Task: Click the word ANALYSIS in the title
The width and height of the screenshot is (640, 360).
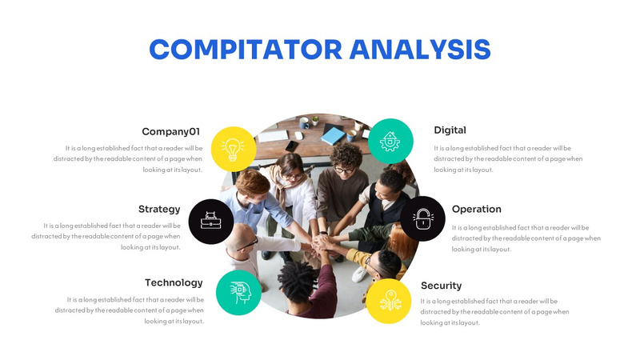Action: [421, 49]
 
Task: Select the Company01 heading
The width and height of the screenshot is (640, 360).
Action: [170, 131]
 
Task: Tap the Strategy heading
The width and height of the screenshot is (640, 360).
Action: [159, 209]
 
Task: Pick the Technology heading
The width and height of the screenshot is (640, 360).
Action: [174, 282]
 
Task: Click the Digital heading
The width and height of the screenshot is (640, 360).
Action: [450, 130]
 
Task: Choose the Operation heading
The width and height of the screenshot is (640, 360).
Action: [476, 209]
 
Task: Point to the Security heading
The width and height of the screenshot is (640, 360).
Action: [441, 286]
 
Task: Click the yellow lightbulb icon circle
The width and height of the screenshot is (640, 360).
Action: [234, 148]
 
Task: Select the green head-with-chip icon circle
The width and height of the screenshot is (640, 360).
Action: [238, 292]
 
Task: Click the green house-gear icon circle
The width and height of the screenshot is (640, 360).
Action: [390, 142]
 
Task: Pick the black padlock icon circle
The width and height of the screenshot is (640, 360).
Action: [422, 218]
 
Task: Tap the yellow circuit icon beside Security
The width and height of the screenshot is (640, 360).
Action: [390, 301]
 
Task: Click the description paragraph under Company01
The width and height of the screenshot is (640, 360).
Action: [134, 158]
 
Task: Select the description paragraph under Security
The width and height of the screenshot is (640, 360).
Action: [494, 312]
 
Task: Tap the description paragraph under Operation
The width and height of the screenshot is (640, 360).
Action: [526, 238]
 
